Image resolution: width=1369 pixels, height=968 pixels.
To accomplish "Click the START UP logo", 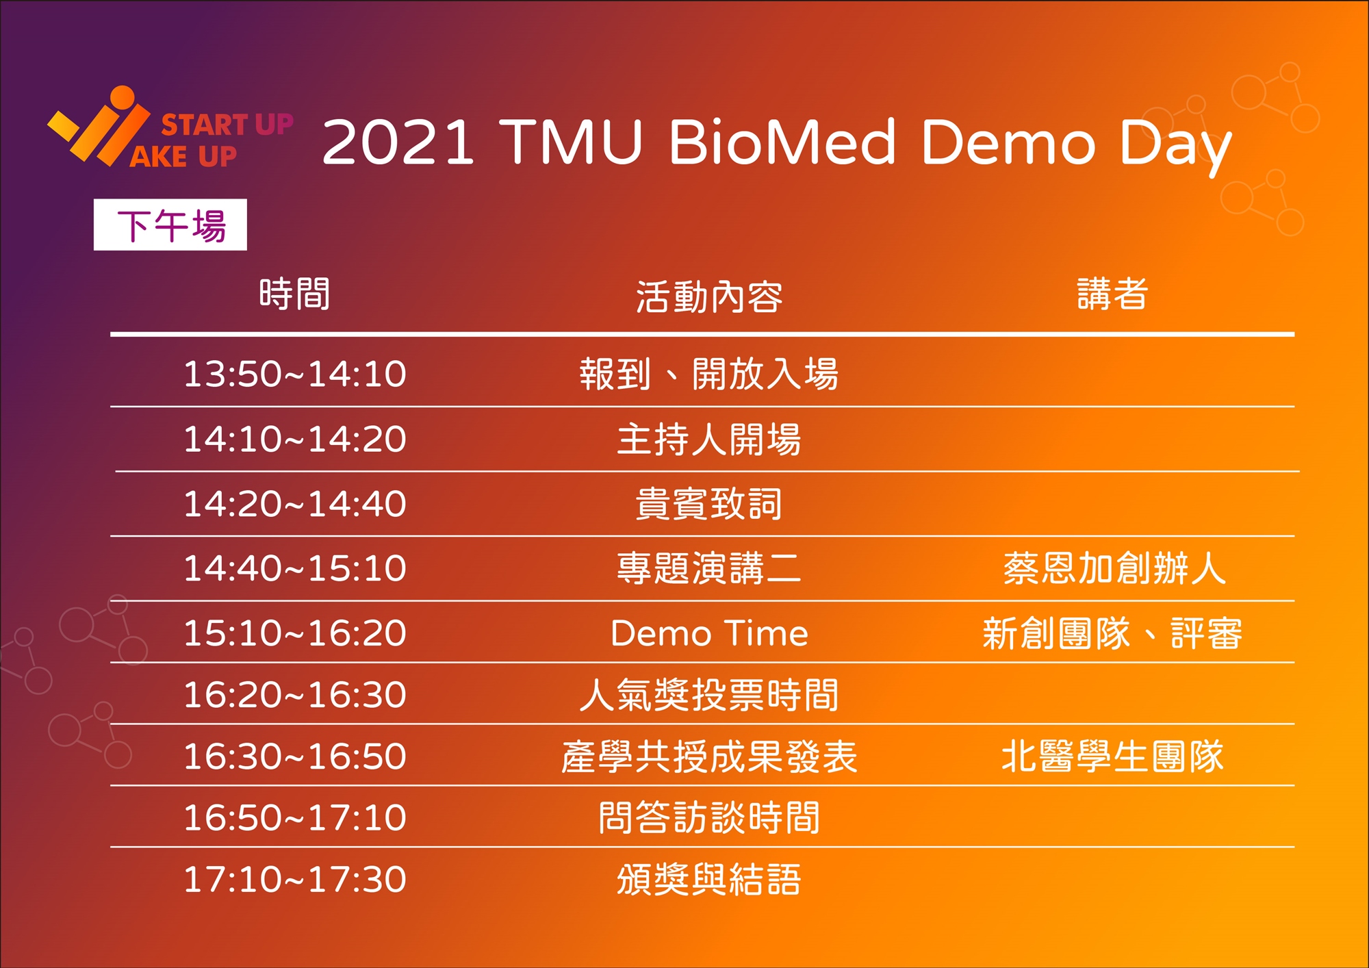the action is (x=170, y=127).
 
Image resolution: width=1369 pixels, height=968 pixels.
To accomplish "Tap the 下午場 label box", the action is (x=170, y=225).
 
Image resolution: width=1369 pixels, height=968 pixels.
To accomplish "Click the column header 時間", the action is (x=295, y=294).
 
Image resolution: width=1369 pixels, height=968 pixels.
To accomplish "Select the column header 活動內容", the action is (x=709, y=297).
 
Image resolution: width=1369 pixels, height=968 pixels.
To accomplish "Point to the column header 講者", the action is (x=1112, y=294).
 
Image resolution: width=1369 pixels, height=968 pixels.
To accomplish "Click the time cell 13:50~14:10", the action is (x=295, y=374).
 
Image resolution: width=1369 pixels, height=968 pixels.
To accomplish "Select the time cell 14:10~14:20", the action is (x=295, y=439).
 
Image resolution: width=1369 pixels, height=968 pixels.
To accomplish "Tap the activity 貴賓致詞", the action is (x=709, y=504).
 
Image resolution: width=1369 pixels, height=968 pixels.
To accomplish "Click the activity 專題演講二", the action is (x=709, y=568).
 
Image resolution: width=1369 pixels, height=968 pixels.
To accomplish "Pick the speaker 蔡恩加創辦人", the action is (x=1114, y=568).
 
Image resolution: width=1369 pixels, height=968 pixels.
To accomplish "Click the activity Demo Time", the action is (x=709, y=633).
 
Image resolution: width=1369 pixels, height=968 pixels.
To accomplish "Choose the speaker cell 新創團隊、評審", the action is (x=1112, y=633).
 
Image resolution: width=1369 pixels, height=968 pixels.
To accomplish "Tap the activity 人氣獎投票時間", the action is (x=709, y=695).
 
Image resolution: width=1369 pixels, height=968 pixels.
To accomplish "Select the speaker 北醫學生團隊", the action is (x=1112, y=756).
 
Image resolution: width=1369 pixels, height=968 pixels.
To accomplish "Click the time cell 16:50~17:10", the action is (x=295, y=817).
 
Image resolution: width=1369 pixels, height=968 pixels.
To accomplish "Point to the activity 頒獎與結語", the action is (x=709, y=879).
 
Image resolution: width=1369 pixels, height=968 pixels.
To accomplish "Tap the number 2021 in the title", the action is (x=398, y=142).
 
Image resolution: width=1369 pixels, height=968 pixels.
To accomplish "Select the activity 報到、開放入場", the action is (x=709, y=374).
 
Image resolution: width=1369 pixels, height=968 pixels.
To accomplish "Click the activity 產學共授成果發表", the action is (x=709, y=756).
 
